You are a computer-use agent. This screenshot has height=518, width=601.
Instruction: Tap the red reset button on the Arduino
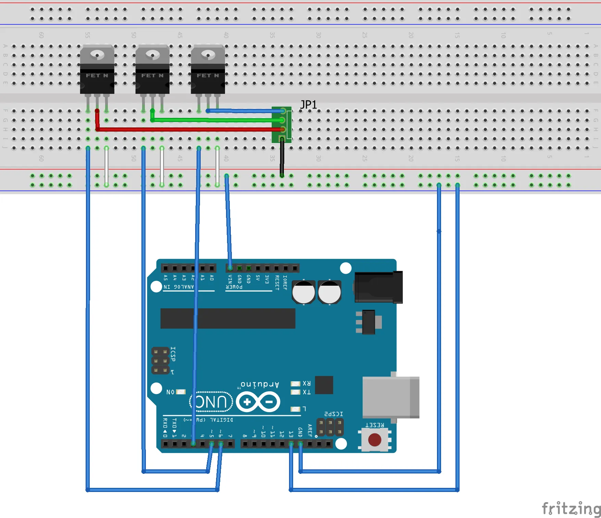point(374,440)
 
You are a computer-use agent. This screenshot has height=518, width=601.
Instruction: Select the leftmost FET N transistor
point(97,70)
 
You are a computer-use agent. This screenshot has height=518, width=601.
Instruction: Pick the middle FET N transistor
point(152,70)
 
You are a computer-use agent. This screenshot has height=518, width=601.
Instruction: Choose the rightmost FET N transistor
point(208,70)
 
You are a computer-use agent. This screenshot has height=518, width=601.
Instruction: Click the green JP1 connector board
point(281,124)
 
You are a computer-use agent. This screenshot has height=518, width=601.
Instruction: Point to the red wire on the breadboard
point(188,129)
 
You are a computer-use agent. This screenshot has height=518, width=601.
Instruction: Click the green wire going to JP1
point(216,120)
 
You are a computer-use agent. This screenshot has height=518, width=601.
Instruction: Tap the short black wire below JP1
point(282,158)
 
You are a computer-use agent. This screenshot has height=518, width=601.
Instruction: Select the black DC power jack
point(378,287)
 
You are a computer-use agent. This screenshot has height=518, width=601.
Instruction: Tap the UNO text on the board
point(211,402)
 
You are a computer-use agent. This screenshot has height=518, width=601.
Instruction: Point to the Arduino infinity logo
point(258,402)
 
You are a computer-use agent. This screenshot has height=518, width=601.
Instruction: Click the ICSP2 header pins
point(330,427)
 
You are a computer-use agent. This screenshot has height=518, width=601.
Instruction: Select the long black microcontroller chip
point(228,318)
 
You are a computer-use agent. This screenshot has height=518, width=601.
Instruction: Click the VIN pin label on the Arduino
point(230,279)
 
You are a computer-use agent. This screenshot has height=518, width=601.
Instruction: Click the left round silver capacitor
point(303,292)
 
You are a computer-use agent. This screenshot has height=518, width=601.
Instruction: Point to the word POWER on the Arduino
point(234,287)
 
